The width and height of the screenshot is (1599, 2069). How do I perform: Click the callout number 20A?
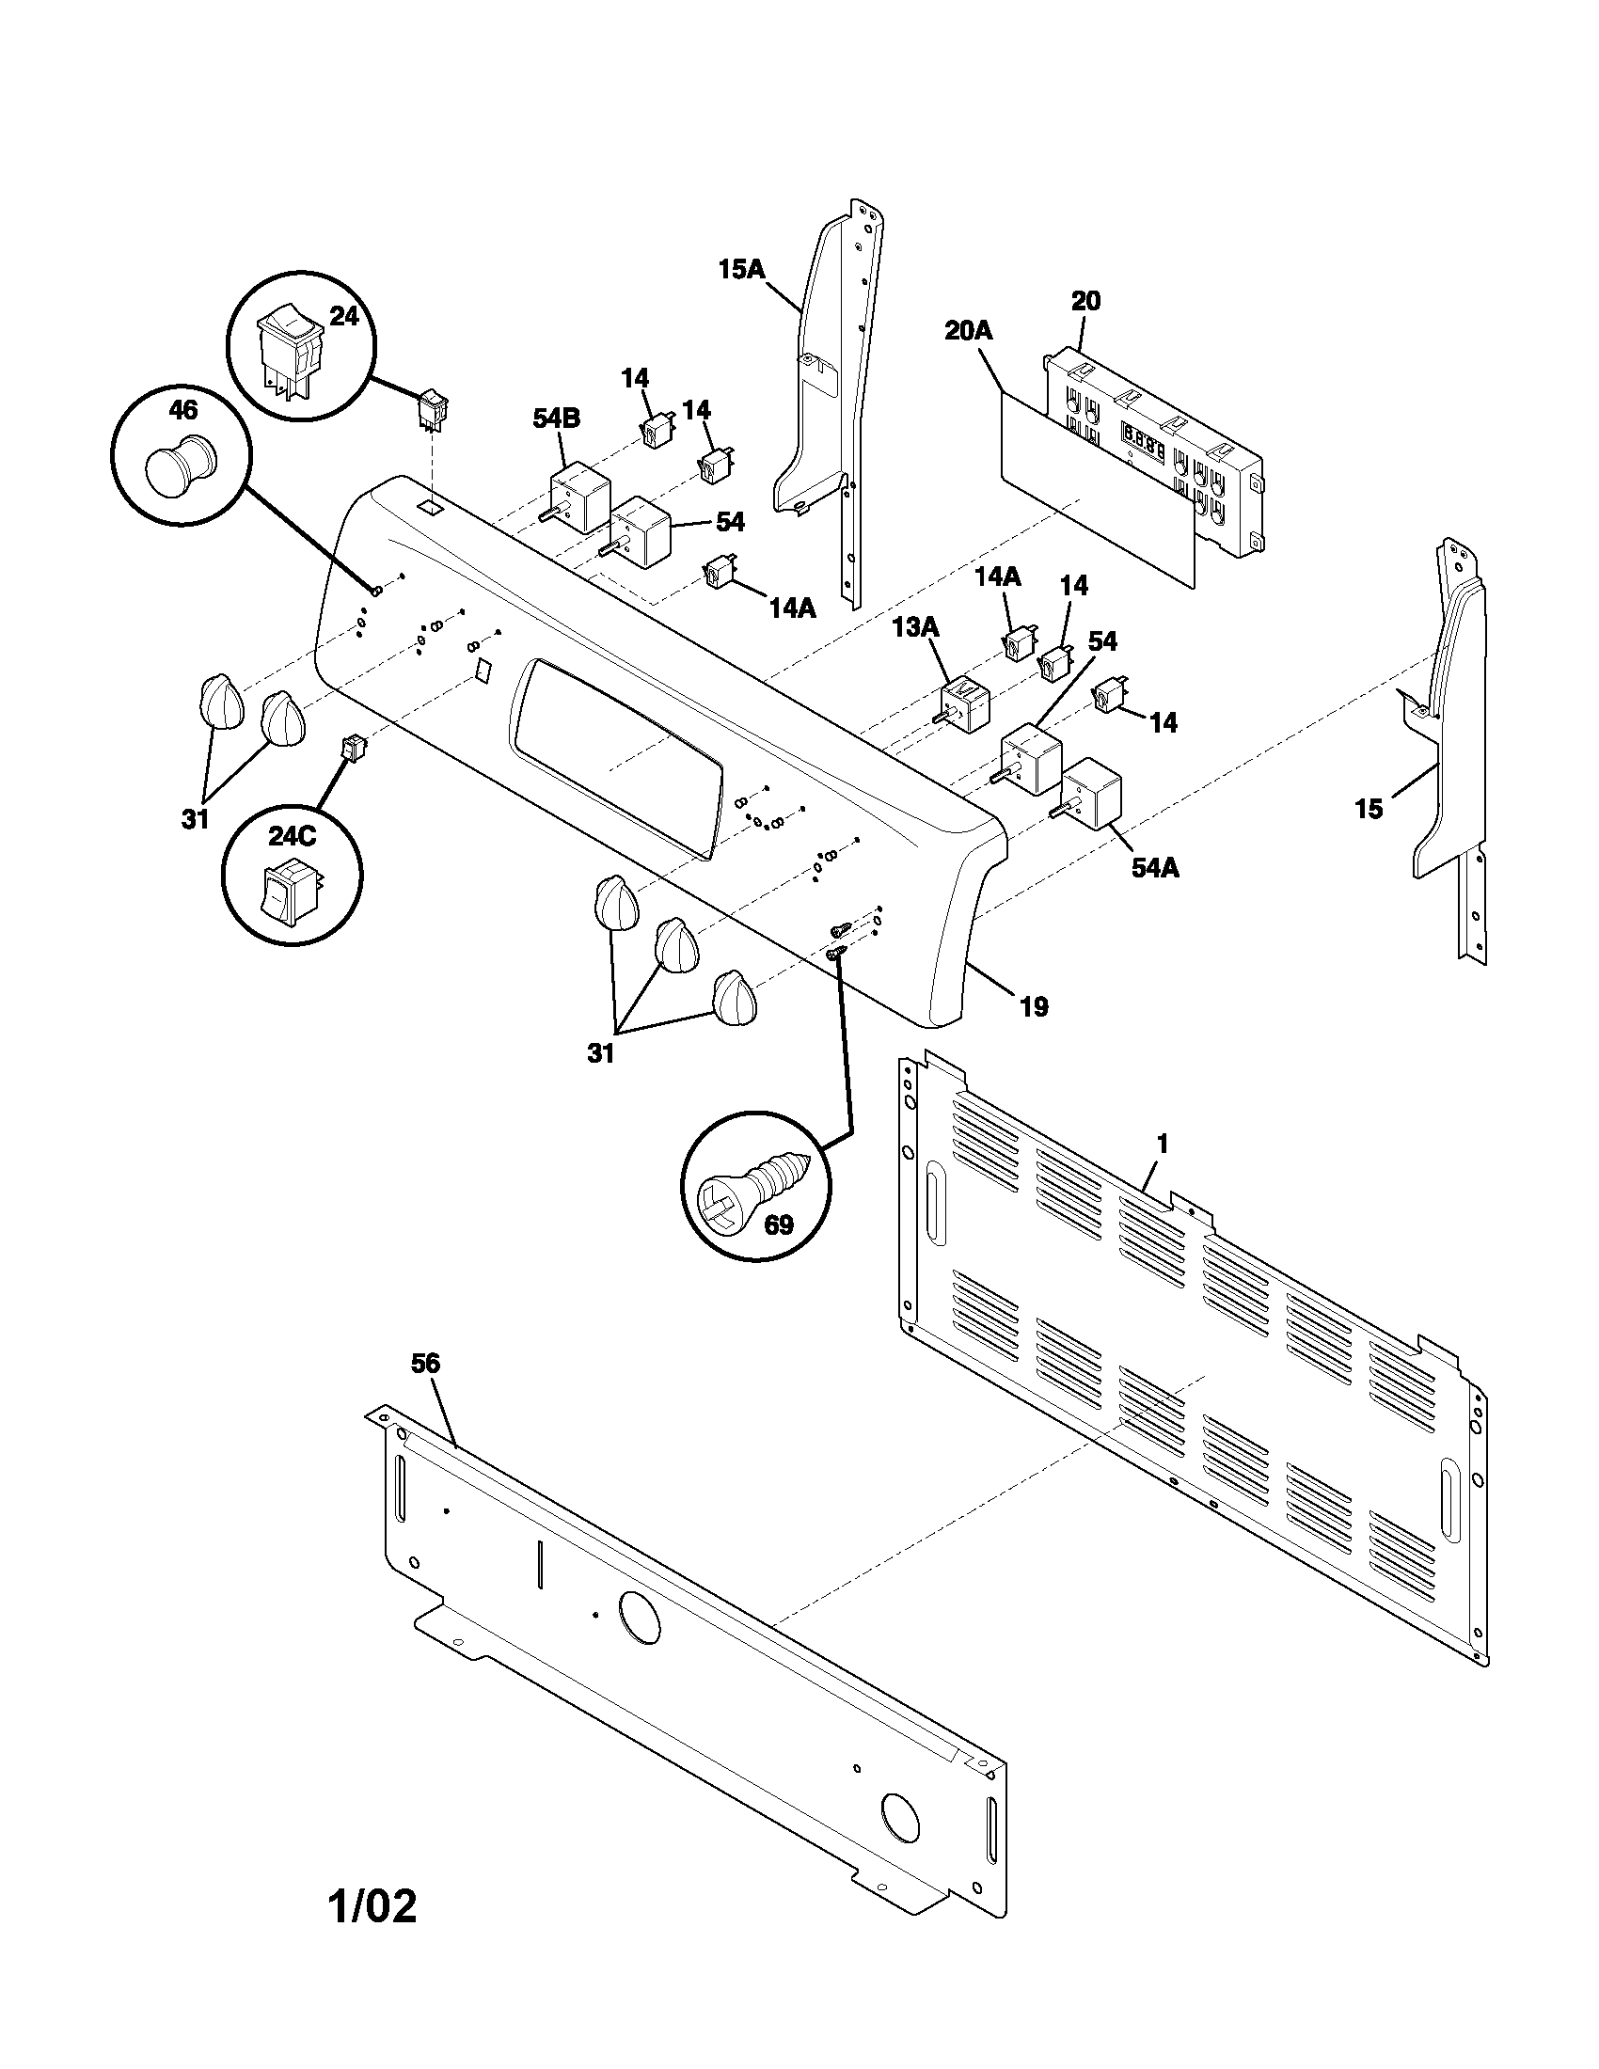click(x=968, y=331)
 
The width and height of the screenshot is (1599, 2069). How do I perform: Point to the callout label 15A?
click(x=741, y=270)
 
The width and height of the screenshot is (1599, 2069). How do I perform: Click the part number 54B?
click(x=556, y=419)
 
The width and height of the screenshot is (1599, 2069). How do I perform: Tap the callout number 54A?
click(x=1155, y=867)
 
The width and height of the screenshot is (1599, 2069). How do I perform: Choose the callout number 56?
click(x=425, y=1364)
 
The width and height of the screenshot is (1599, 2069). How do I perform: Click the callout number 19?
click(x=1034, y=1006)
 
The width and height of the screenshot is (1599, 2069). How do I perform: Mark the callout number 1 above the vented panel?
click(x=1163, y=1145)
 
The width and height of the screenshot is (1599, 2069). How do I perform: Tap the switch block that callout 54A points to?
click(x=1091, y=794)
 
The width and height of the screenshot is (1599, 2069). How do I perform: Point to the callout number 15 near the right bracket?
click(x=1369, y=809)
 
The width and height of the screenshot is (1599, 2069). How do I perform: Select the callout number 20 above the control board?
click(x=1085, y=301)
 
